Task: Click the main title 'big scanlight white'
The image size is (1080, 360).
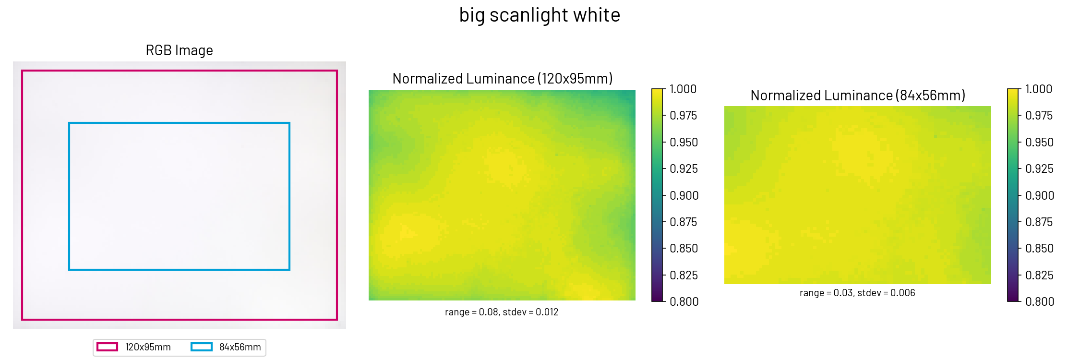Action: [x=540, y=15]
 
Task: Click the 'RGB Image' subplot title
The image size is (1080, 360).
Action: [x=179, y=50]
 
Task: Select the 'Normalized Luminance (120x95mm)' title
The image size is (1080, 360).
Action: [x=502, y=79]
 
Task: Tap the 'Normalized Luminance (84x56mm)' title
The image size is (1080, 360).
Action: [x=858, y=96]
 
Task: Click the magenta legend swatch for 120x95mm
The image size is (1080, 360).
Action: [x=107, y=347]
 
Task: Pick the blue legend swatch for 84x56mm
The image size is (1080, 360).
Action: [x=201, y=347]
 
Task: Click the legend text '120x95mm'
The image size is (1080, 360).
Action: [x=148, y=347]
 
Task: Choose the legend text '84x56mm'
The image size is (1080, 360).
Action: [x=240, y=347]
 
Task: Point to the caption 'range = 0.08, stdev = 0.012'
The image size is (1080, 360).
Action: [x=502, y=312]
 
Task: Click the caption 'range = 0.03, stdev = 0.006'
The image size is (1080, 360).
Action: [x=857, y=293]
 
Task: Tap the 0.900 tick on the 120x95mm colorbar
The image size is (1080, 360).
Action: [x=684, y=196]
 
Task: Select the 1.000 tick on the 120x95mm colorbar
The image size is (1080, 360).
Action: [x=683, y=89]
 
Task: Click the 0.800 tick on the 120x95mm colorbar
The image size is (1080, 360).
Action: [x=684, y=302]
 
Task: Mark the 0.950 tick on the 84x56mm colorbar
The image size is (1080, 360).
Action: [x=1039, y=143]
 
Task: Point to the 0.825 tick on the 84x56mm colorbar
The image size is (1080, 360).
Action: [x=1039, y=276]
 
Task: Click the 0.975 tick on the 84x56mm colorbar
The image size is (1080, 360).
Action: [x=1039, y=116]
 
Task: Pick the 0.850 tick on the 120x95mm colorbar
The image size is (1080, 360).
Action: [x=684, y=249]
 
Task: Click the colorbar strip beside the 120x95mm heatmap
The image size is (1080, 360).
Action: [x=657, y=195]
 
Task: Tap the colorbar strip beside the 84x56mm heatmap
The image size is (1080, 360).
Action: [x=1013, y=195]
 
